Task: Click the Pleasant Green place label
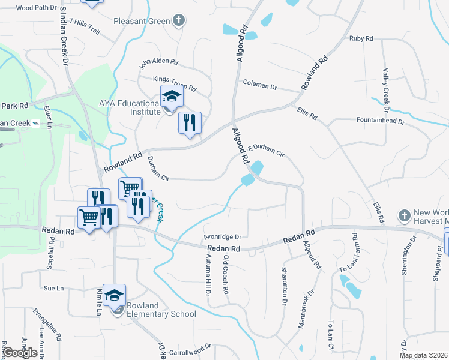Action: click(142, 22)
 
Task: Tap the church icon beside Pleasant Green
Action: click(178, 22)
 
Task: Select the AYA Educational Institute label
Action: click(129, 107)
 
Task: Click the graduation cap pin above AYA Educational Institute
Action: click(171, 97)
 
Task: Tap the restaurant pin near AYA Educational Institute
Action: click(190, 124)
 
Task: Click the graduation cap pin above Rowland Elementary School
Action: click(114, 295)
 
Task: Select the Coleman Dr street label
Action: click(259, 86)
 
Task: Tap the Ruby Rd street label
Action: click(361, 38)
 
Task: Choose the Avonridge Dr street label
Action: click(222, 236)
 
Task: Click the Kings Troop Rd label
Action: click(175, 84)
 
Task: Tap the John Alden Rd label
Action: click(159, 63)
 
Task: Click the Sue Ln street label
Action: click(53, 288)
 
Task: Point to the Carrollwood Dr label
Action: click(191, 346)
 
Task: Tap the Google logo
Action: click(19, 352)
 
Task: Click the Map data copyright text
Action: click(423, 355)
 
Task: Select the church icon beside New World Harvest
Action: click(405, 215)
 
